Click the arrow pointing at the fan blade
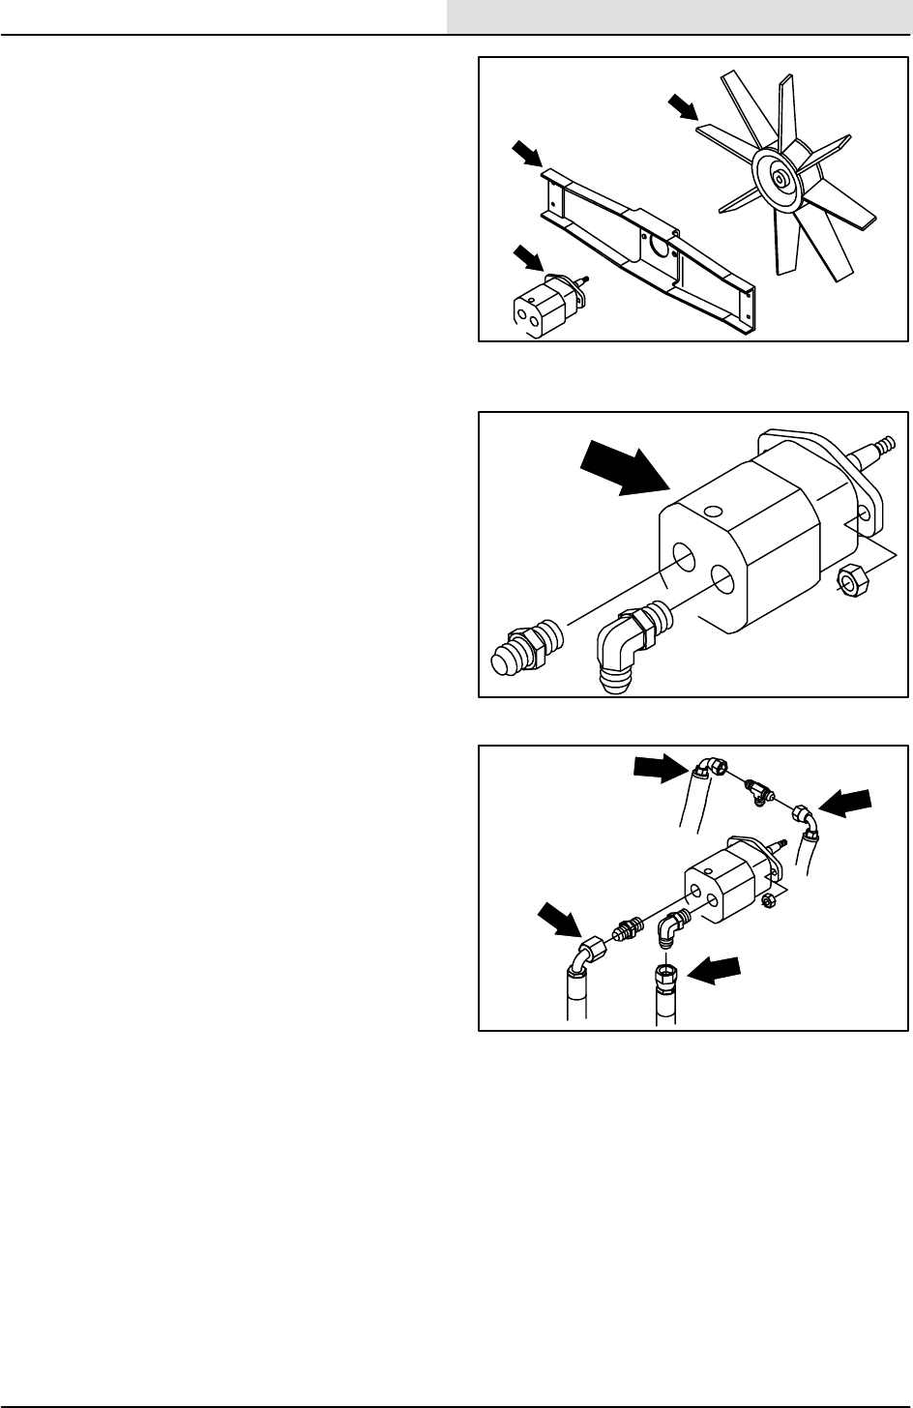coord(683,107)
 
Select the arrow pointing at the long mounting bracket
coord(528,153)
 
